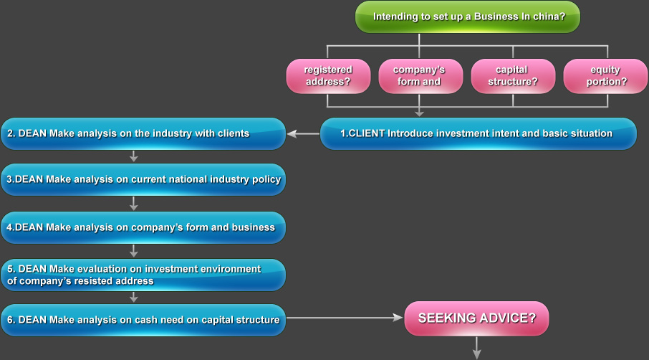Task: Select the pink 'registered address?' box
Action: click(327, 76)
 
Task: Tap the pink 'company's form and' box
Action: click(419, 76)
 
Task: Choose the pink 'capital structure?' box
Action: click(512, 76)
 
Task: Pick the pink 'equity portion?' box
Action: click(606, 76)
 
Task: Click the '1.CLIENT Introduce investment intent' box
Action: click(478, 133)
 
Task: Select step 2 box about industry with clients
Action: click(143, 133)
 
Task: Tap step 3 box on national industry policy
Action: click(143, 179)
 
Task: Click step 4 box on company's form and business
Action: click(143, 227)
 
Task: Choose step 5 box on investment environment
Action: click(143, 275)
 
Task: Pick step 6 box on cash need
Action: click(143, 320)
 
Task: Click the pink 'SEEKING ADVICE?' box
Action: click(476, 318)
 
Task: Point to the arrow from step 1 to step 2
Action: click(303, 133)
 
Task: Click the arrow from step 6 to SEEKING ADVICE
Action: click(345, 318)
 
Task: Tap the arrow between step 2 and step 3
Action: click(134, 156)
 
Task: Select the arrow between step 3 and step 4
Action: click(134, 204)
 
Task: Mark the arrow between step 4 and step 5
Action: click(134, 251)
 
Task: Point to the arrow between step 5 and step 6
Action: click(134, 297)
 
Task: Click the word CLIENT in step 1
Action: click(367, 133)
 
